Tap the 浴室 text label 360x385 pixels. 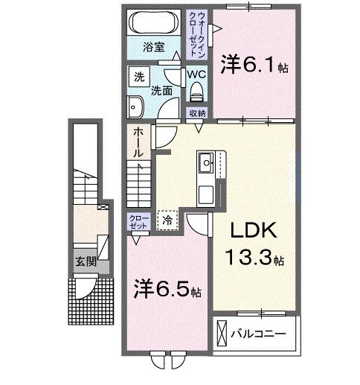(x=155, y=54)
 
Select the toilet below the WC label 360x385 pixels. (x=197, y=92)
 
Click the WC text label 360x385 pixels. (x=196, y=74)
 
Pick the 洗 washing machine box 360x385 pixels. (x=139, y=77)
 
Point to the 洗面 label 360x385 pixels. (x=162, y=92)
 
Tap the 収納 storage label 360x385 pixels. (x=196, y=113)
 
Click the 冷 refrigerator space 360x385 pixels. (x=167, y=220)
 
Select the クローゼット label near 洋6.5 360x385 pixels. (x=138, y=221)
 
